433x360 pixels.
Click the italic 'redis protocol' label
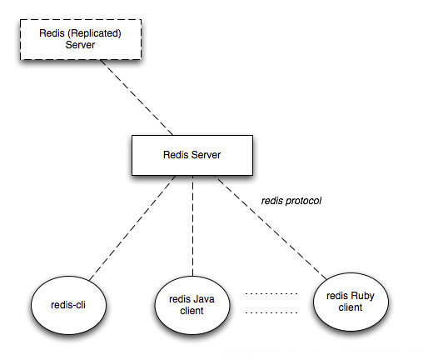point(291,201)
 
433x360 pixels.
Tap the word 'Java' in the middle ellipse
point(203,299)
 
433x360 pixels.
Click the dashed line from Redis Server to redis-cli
point(132,227)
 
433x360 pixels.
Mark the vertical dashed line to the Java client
point(192,226)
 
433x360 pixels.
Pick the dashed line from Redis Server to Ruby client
point(272,227)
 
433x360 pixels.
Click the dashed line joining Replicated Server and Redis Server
point(137,97)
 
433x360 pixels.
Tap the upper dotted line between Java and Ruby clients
point(271,293)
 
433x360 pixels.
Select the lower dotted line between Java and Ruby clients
point(271,312)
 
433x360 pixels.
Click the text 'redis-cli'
point(68,305)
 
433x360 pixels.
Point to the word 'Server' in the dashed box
point(80,45)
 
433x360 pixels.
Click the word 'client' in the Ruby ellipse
point(351,307)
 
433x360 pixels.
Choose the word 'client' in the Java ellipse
point(192,311)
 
